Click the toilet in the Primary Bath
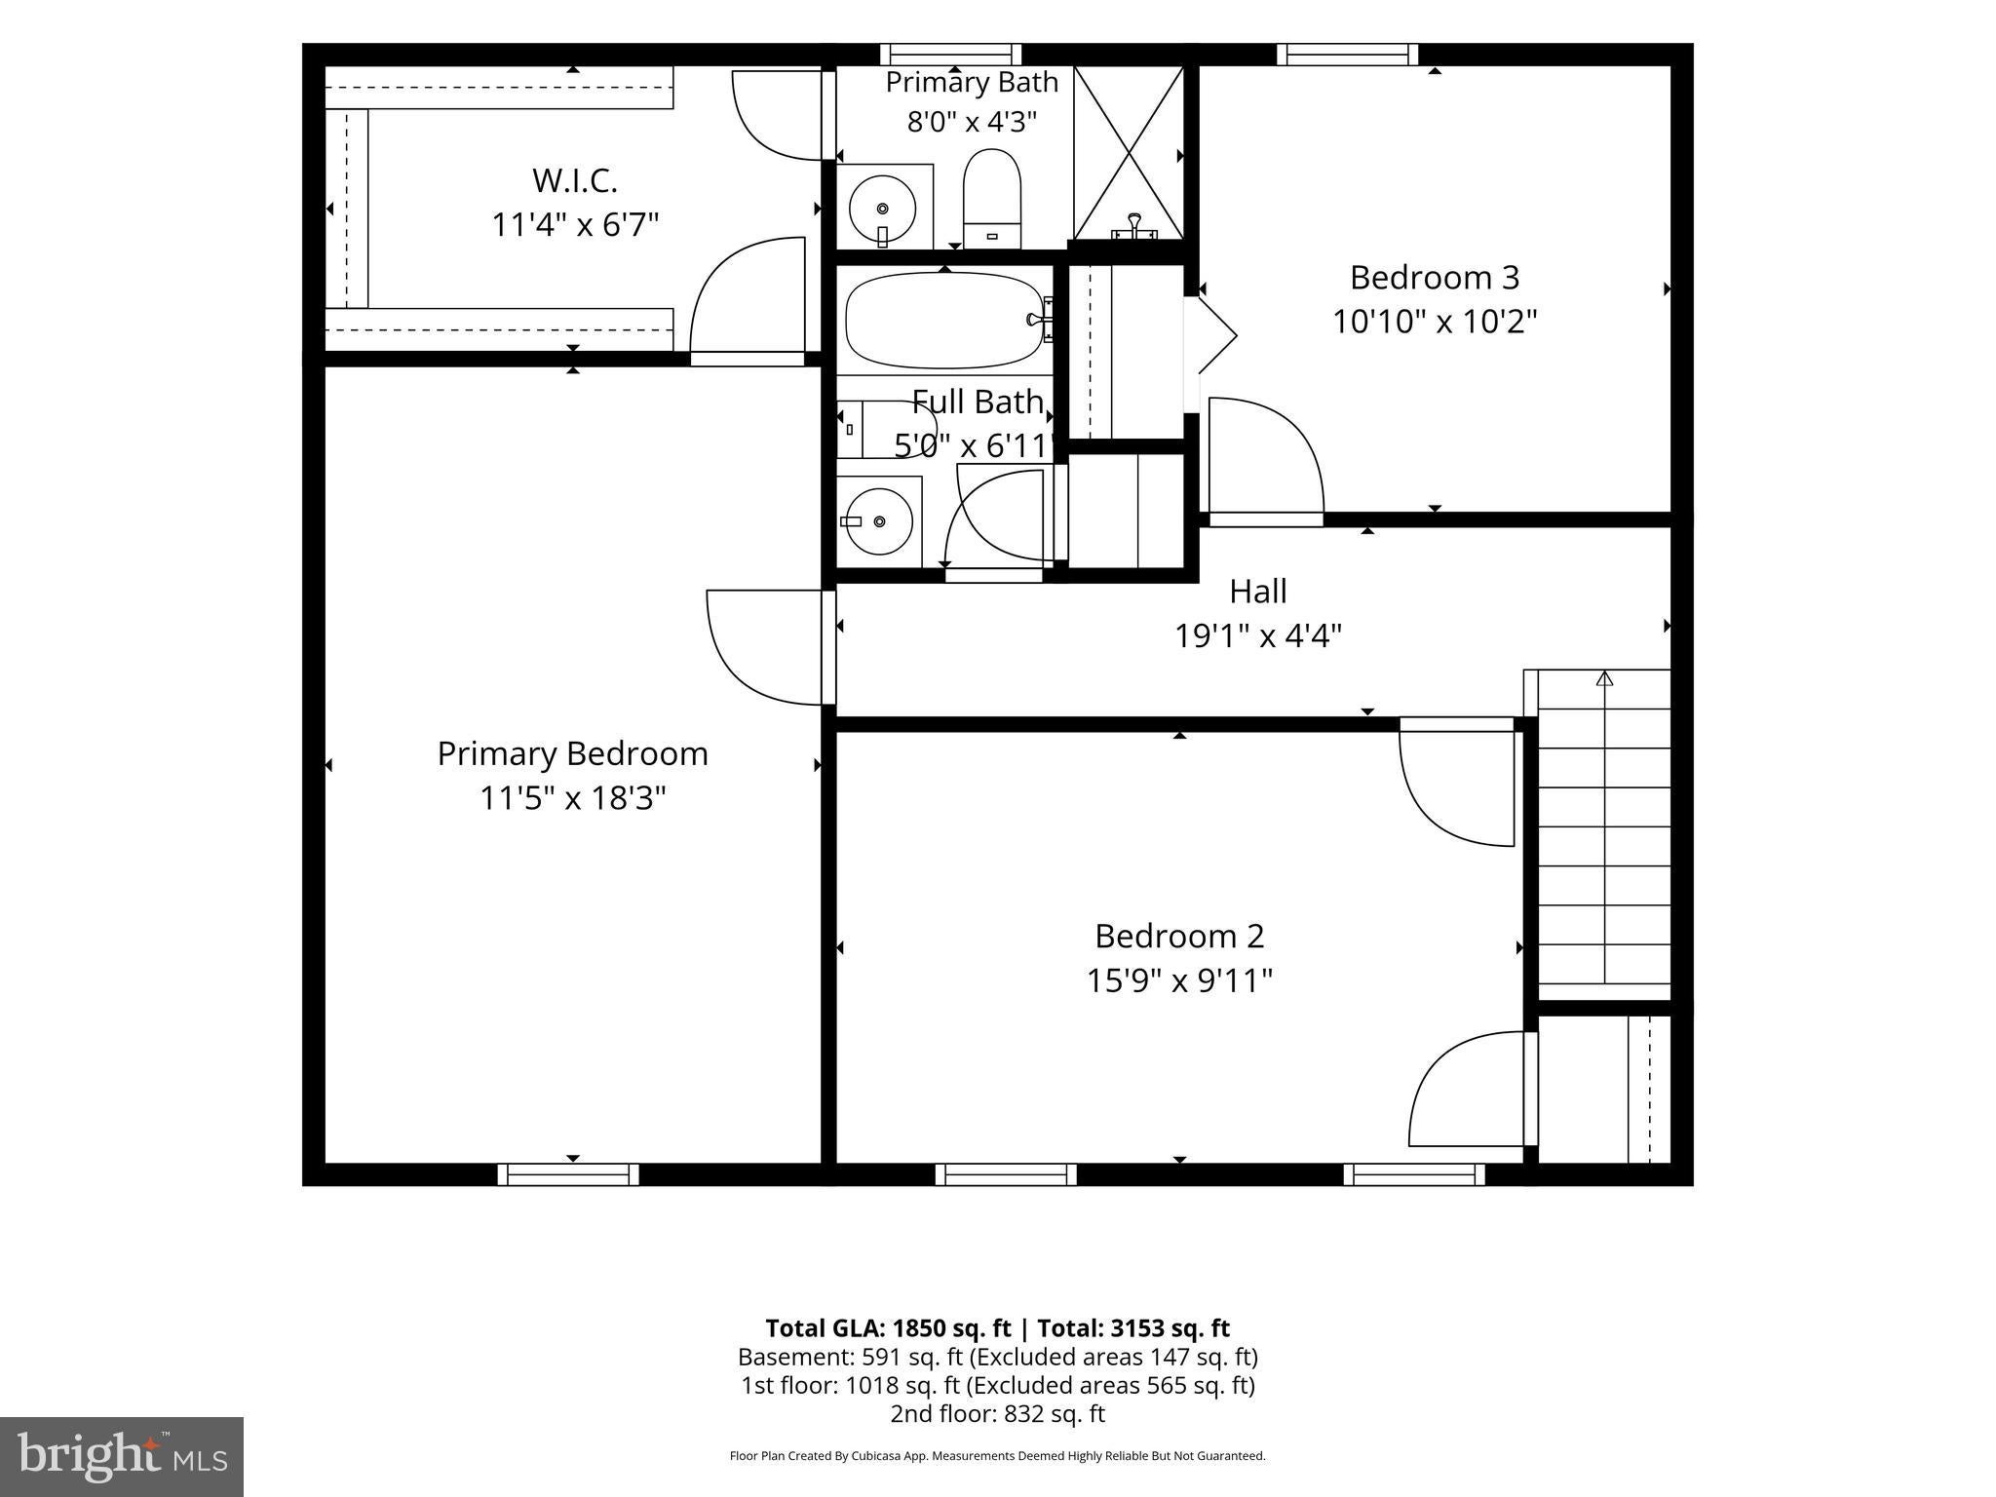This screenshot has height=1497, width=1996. [x=991, y=199]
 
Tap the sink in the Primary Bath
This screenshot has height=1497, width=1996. [x=883, y=208]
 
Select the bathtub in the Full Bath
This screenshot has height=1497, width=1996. [x=944, y=321]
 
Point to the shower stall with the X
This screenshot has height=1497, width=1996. [x=1129, y=152]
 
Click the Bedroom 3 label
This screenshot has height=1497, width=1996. [x=1434, y=278]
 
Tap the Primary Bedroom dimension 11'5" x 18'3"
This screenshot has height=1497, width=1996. [x=573, y=798]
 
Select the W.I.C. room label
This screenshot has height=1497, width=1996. [x=575, y=180]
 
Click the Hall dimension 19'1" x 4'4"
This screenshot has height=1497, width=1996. [x=1258, y=636]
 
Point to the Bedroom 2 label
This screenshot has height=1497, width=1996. [x=1179, y=936]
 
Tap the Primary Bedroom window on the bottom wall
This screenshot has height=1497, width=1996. [x=568, y=1174]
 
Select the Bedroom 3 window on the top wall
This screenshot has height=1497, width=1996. [x=1348, y=55]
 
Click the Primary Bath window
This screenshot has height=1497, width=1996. [x=950, y=55]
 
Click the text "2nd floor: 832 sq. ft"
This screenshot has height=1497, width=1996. [x=997, y=1413]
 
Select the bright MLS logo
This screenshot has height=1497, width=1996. [x=122, y=1457]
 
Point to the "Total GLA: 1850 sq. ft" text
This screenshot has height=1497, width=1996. [x=889, y=1328]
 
